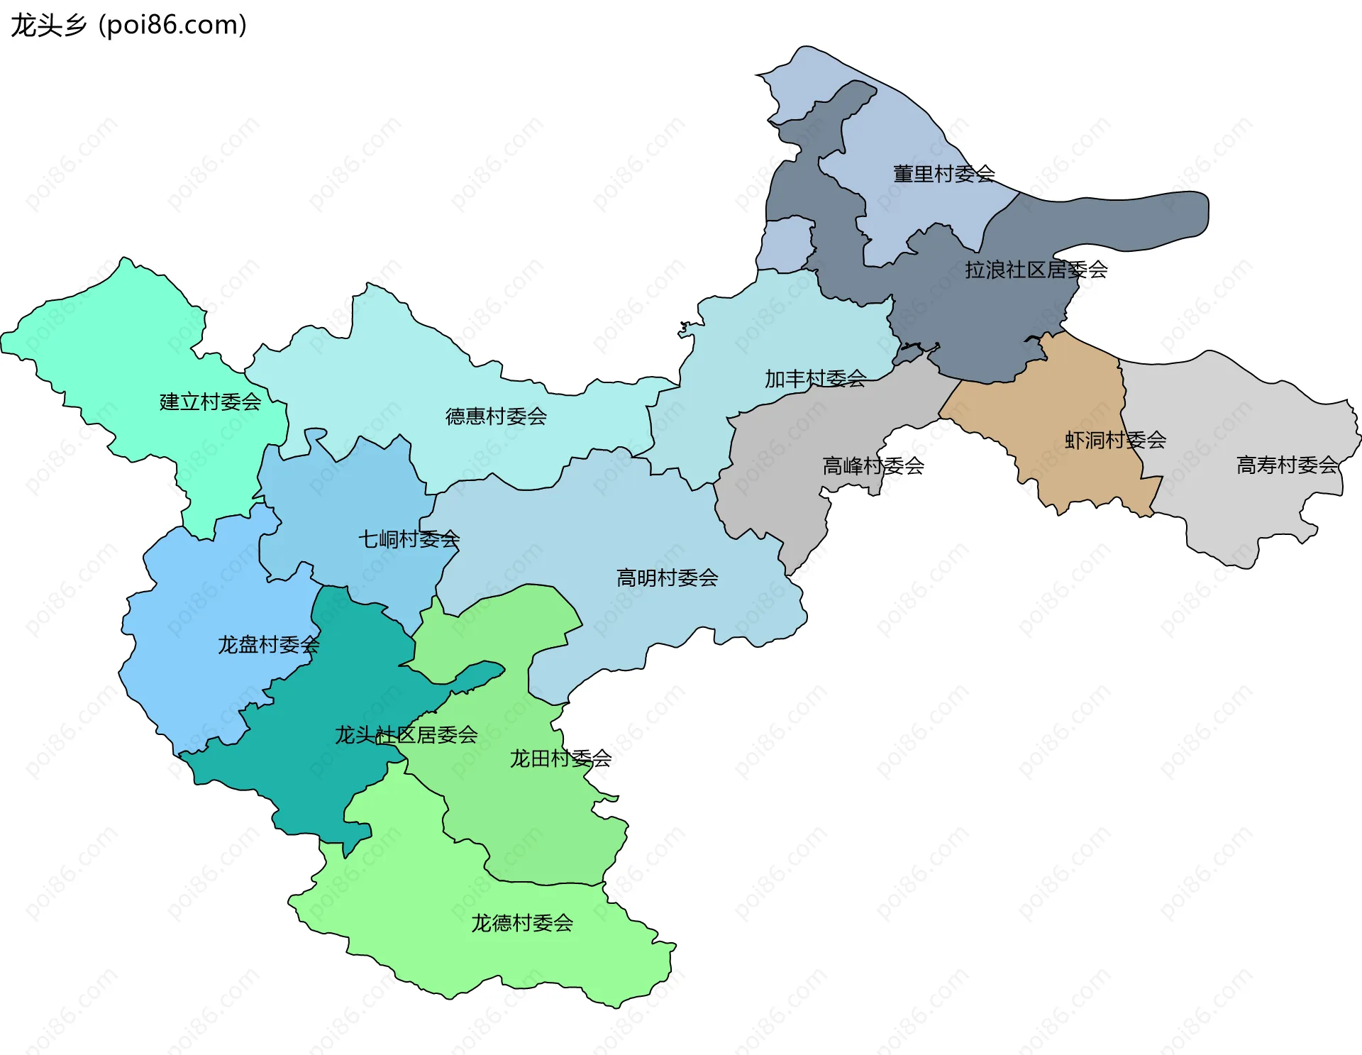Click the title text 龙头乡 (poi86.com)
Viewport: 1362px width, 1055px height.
pos(128,25)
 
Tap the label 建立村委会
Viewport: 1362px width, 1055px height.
pos(210,402)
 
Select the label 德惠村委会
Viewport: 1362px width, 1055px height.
pos(496,416)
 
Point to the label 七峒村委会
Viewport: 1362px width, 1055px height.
pos(409,539)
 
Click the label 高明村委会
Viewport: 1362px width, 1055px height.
pos(667,578)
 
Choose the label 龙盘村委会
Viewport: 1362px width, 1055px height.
pos(268,645)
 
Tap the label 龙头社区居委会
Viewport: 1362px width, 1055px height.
pos(406,735)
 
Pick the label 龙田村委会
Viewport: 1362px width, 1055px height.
pos(560,758)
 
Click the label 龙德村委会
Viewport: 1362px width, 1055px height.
pos(522,923)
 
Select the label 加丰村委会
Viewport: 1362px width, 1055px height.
pos(815,379)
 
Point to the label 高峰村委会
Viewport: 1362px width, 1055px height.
pos(873,466)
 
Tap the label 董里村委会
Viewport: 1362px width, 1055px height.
pos(943,174)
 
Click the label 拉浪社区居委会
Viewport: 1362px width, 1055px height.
pos(1036,270)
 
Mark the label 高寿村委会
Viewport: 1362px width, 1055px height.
pos(1287,465)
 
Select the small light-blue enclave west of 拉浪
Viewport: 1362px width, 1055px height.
pos(786,245)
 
